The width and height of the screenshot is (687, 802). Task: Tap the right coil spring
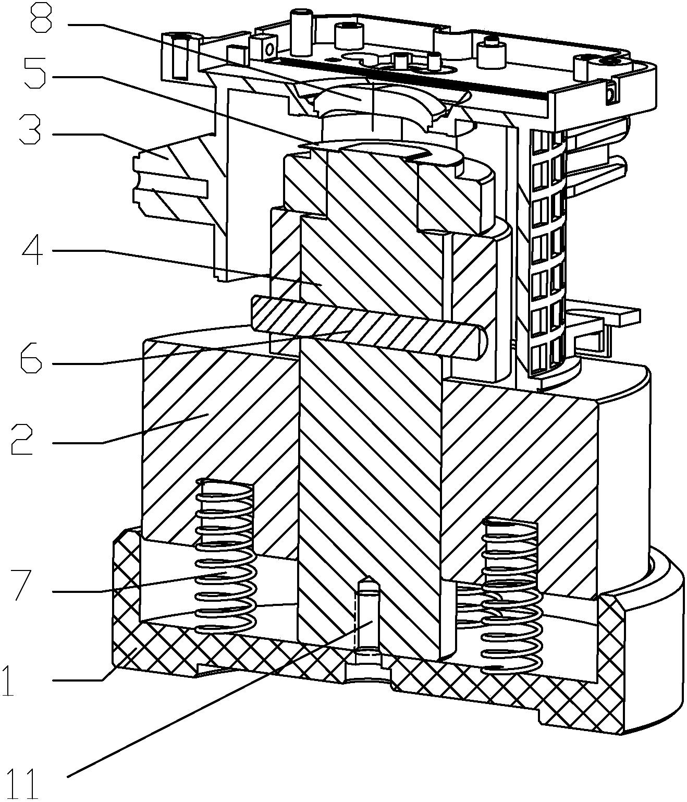[510, 594]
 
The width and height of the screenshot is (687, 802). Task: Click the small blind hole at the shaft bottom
[368, 621]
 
